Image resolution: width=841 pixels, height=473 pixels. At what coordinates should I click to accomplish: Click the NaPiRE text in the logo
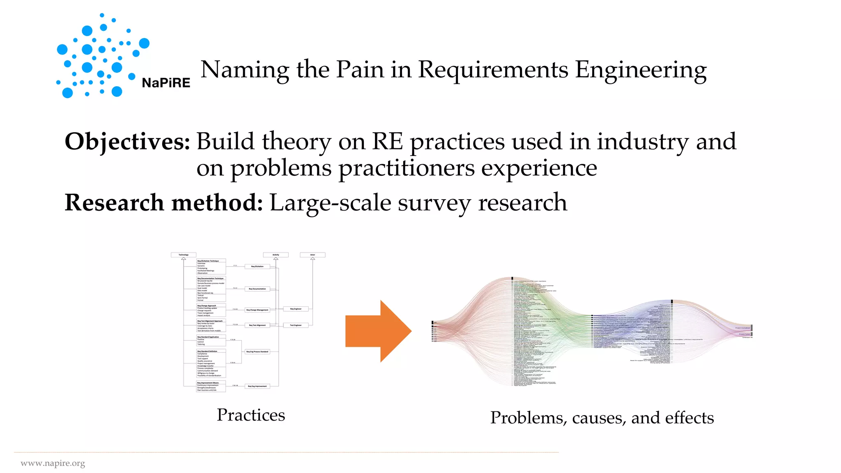click(x=166, y=83)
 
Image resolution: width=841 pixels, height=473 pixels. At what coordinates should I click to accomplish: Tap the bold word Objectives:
click(x=127, y=142)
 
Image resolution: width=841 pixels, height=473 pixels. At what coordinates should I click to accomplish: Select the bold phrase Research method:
click(x=163, y=203)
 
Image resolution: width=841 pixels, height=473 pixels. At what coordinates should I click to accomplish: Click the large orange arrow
click(x=378, y=331)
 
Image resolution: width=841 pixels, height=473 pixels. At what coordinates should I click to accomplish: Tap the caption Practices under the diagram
click(x=250, y=415)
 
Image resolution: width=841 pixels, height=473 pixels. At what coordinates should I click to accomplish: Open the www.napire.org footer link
click(x=53, y=464)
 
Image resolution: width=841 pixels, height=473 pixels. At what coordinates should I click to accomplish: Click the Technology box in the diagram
click(x=184, y=255)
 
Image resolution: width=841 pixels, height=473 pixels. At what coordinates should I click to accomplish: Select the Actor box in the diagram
click(x=313, y=255)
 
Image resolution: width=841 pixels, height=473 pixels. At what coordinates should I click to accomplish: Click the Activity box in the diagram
click(x=276, y=255)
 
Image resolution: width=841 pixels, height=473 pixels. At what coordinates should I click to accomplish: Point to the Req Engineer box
click(x=296, y=309)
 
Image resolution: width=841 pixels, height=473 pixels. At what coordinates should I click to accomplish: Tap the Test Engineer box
click(x=296, y=325)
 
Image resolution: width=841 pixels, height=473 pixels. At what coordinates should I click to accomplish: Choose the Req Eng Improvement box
click(x=257, y=386)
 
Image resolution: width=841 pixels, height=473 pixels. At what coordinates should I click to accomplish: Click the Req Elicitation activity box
click(x=257, y=266)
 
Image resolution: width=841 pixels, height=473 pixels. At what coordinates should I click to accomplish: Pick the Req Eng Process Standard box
click(x=257, y=351)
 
